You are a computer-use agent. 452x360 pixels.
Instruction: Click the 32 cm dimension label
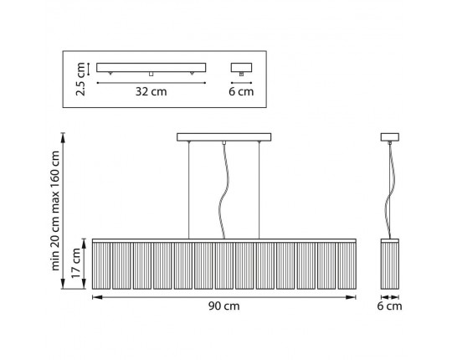tap(151, 91)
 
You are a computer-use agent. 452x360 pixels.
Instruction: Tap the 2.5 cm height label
tap(80, 79)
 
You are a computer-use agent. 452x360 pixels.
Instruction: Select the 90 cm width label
tap(224, 306)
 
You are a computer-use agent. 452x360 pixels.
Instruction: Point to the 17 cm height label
tap(76, 263)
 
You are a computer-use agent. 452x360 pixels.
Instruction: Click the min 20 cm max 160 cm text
tap(54, 211)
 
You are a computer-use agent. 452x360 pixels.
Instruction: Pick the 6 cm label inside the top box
tap(241, 91)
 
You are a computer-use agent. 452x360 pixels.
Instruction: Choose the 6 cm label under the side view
tap(389, 306)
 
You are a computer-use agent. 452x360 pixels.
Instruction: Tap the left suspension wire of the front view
tap(189, 190)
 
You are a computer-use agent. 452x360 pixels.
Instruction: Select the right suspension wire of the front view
tap(259, 190)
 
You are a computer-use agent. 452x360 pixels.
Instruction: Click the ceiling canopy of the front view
tap(224, 137)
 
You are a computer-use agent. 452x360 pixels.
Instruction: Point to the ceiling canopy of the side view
tap(390, 137)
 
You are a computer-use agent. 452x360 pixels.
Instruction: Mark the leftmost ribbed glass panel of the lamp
tap(101, 265)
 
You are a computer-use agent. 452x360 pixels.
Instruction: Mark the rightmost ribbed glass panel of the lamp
tap(347, 265)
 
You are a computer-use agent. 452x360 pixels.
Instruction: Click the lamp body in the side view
tap(390, 264)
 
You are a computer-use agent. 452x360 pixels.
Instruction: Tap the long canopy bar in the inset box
tap(151, 68)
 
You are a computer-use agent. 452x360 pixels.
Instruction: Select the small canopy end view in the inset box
tap(241, 68)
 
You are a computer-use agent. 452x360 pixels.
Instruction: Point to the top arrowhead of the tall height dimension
tap(64, 138)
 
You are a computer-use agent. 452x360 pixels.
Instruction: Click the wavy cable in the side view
tap(388, 190)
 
